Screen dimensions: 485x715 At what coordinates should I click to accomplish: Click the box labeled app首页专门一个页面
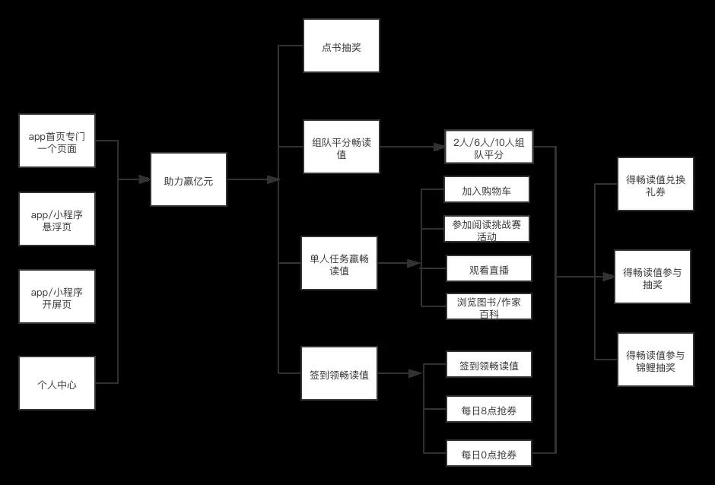click(57, 141)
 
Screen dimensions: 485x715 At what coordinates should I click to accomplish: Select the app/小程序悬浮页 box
click(57, 219)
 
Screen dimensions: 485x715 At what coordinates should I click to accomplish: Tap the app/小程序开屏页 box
click(57, 296)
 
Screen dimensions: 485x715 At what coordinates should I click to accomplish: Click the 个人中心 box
click(57, 383)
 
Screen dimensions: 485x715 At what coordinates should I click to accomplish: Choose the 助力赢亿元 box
click(188, 179)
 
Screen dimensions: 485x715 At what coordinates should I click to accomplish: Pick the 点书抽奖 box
click(341, 46)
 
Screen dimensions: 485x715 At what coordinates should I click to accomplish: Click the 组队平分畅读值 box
click(341, 147)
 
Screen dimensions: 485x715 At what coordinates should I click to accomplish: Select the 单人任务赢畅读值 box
click(338, 263)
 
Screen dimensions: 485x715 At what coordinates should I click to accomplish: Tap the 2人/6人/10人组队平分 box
click(489, 147)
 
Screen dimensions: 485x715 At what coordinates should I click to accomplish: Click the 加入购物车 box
click(486, 190)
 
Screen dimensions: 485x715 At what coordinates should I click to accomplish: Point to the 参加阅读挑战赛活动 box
click(486, 229)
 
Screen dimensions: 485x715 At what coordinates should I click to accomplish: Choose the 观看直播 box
click(488, 268)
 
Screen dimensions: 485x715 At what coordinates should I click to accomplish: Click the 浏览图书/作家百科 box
click(488, 306)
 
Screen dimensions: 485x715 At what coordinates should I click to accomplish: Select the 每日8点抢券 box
click(488, 410)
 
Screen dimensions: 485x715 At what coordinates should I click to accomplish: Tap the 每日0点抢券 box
click(488, 453)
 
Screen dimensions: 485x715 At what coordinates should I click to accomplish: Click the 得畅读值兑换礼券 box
click(655, 184)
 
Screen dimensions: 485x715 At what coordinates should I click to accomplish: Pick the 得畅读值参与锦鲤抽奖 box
click(655, 360)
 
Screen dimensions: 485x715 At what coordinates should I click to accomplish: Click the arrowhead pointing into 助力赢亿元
click(145, 179)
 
